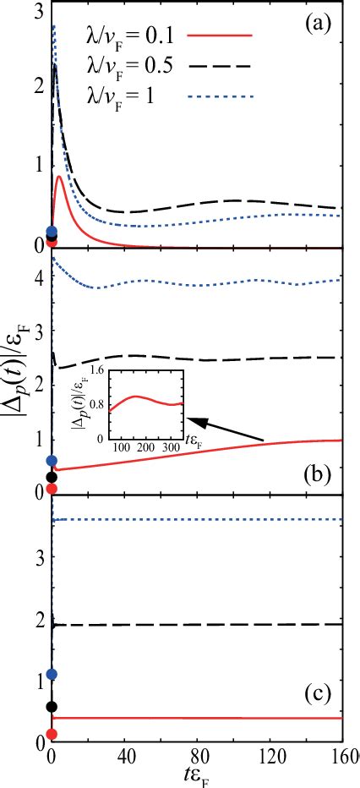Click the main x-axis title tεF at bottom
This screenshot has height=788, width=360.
pos(197,776)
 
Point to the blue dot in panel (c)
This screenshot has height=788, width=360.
pos(52,674)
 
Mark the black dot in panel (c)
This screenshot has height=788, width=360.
pos(52,706)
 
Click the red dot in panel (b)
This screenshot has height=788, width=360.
pos(52,489)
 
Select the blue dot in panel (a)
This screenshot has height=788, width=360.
pos(52,231)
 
